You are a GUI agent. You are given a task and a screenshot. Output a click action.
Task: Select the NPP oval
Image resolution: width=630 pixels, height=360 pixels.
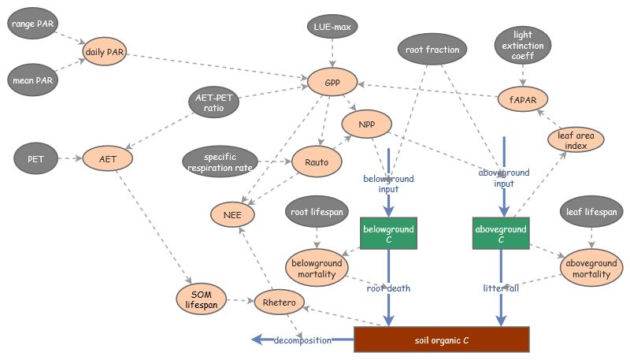point(367,124)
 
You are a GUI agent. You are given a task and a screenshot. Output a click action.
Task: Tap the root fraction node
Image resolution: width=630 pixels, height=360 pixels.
point(432,50)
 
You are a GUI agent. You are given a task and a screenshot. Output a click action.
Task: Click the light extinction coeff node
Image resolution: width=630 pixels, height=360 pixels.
point(522,46)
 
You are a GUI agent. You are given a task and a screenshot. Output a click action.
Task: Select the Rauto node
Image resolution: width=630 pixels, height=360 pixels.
point(316,162)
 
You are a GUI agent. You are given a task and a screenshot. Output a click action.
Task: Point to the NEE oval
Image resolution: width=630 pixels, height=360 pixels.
point(232,213)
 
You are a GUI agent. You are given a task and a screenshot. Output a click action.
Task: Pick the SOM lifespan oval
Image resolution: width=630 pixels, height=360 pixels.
point(202,300)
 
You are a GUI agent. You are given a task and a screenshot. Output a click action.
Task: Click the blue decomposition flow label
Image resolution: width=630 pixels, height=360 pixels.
point(302,340)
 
